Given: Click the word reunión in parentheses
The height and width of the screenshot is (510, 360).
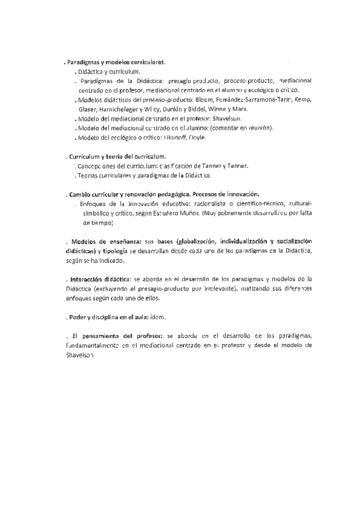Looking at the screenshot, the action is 257,128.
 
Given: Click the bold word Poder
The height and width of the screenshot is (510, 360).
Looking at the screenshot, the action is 78,317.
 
